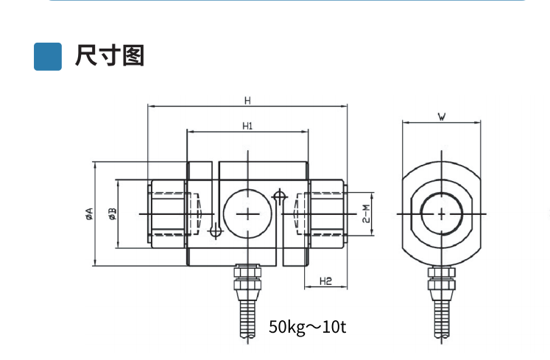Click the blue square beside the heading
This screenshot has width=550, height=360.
coord(48,56)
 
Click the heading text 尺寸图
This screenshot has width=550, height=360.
coord(109,56)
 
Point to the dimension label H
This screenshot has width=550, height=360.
coord(247,100)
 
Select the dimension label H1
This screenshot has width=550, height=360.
coord(247,126)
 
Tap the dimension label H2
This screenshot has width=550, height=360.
coord(326,280)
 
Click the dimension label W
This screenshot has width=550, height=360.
coord(441,116)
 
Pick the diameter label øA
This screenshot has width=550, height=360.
coord(89,213)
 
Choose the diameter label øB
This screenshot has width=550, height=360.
coord(112,213)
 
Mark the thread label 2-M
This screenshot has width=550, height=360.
coord(365,213)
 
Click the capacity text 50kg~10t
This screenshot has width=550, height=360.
coord(307,326)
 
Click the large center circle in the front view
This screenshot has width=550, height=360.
coord(249,213)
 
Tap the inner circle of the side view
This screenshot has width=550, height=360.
coord(441,213)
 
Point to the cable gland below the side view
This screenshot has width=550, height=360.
coord(441,280)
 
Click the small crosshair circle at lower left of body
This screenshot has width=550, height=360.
coord(215,231)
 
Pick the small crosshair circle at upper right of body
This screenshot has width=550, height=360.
coord(279,197)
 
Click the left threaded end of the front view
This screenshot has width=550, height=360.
coord(169,213)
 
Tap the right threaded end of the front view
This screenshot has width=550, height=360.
coord(325,213)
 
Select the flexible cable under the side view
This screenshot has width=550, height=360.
coord(441,315)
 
